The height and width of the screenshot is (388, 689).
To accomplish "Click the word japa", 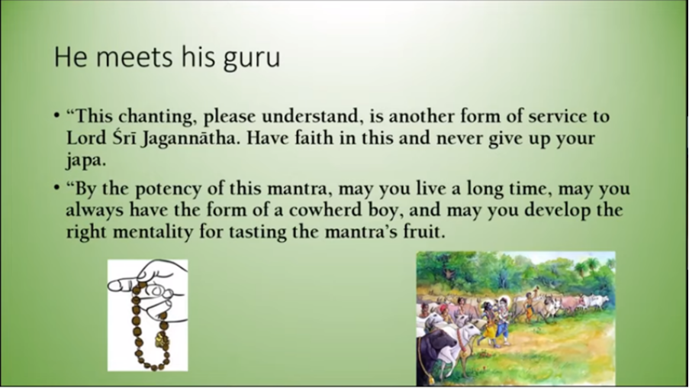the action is tap(85, 161).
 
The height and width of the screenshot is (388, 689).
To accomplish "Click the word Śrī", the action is tap(125, 138).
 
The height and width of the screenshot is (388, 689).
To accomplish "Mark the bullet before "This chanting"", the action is tap(56, 116).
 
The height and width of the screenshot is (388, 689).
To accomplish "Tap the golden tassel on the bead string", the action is tap(161, 341).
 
